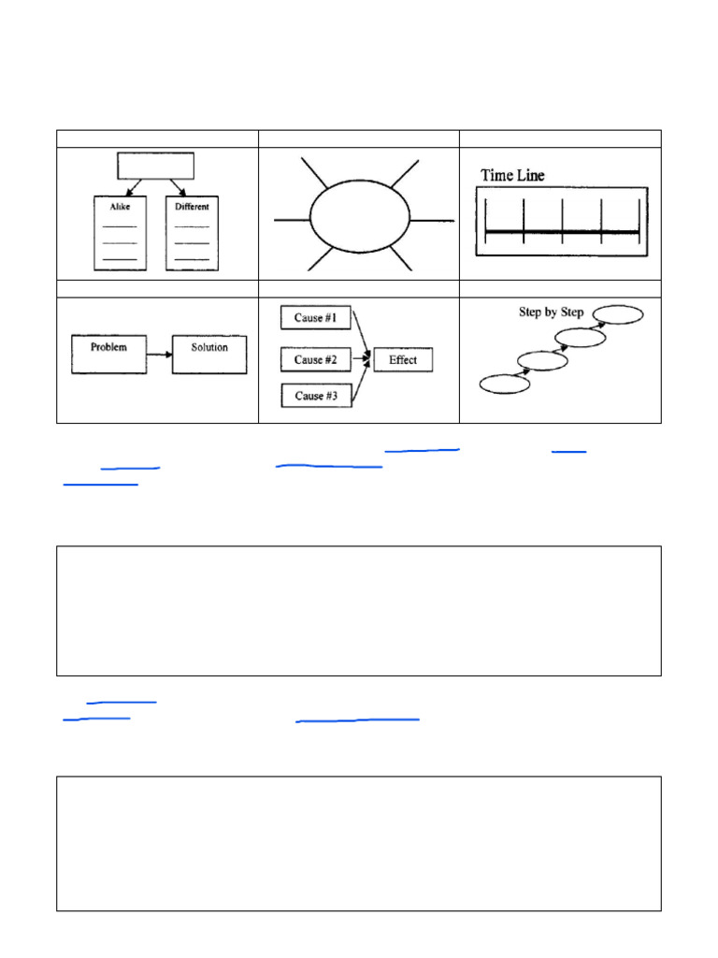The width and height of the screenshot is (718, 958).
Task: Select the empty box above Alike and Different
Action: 155,166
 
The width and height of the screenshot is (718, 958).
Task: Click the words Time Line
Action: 512,175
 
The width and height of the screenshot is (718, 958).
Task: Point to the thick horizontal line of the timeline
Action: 562,231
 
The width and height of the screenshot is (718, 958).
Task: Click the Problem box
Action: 108,355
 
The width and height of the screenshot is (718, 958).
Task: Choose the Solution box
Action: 209,355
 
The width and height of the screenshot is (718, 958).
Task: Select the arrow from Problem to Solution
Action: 159,355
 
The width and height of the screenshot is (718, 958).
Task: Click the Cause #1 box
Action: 316,318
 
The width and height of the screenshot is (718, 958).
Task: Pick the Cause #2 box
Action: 316,360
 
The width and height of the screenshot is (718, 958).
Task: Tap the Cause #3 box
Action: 316,397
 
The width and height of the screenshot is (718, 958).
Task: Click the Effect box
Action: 403,360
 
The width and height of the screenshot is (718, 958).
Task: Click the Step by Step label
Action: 551,312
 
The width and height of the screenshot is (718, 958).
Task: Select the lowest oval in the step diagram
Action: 504,384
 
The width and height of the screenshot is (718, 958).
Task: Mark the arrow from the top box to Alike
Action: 134,186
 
